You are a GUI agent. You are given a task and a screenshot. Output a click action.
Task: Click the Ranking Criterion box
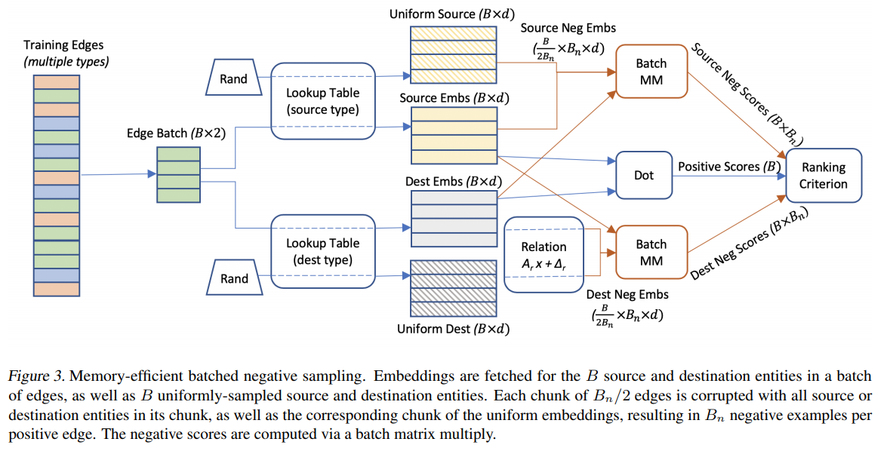[824, 176]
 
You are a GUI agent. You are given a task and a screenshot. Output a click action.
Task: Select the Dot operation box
[643, 174]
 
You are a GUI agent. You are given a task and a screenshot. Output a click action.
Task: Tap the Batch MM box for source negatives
[651, 72]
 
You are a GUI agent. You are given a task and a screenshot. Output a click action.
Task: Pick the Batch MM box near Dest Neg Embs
[651, 252]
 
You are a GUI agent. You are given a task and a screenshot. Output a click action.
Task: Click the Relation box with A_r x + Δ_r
[544, 253]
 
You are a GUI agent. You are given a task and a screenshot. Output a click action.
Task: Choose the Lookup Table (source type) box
[322, 101]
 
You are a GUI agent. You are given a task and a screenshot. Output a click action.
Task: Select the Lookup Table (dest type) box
[322, 252]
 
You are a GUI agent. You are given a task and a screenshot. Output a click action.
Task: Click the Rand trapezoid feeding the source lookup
[233, 79]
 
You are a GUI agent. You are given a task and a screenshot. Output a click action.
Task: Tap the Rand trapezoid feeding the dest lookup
[233, 278]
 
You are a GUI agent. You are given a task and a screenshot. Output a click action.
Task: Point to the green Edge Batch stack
[178, 175]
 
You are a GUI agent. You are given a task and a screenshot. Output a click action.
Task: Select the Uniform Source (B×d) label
[449, 14]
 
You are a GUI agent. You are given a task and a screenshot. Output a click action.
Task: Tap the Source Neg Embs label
[568, 28]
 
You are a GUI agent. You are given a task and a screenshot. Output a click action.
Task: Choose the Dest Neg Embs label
[627, 295]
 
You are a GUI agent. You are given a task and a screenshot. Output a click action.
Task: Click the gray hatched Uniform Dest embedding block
[453, 290]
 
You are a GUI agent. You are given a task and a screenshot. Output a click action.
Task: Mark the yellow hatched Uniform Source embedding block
[453, 54]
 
